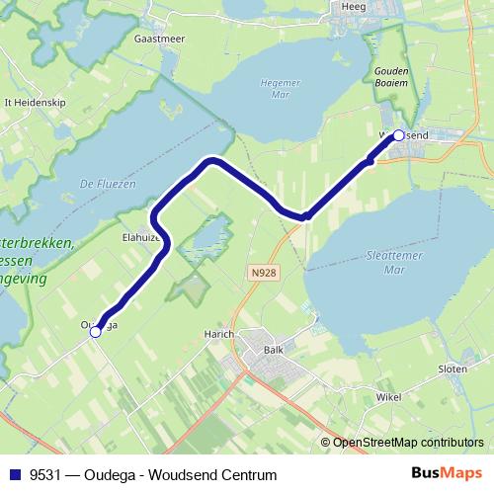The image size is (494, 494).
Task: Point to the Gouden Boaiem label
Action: [x=393, y=76]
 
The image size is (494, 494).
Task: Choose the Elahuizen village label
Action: [x=141, y=238]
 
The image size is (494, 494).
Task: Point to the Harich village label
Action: [x=219, y=334]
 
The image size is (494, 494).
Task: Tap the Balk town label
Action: [x=274, y=350]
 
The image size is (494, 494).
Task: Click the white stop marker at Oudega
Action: [x=96, y=333]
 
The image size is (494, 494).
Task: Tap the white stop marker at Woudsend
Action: [x=399, y=135]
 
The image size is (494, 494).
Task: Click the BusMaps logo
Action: [x=449, y=474]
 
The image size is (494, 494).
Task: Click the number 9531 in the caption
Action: [x=45, y=474]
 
